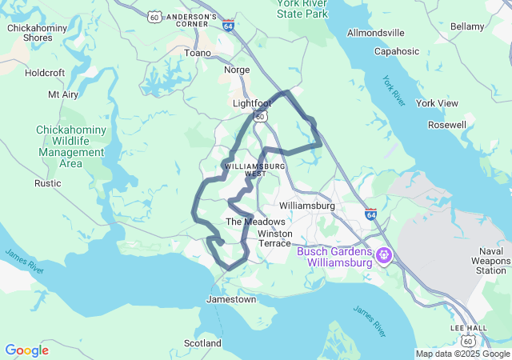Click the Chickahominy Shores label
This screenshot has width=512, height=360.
point(30,32)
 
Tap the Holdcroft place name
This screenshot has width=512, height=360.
point(45,72)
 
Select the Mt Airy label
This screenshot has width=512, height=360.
point(63,94)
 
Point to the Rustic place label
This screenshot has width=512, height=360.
point(47,183)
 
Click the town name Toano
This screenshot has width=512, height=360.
point(198,53)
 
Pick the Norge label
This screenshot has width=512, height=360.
point(237,70)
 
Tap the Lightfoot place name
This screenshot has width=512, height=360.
point(252,103)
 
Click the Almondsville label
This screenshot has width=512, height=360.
point(376,33)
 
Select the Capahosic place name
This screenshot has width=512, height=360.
point(397,51)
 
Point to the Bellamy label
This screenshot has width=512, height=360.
point(467,26)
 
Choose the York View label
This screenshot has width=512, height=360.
point(437,103)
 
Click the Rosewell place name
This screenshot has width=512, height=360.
point(447,125)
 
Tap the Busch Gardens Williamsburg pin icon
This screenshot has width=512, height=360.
point(384,256)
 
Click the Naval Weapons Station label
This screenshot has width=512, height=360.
point(480,261)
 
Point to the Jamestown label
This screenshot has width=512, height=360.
point(231,299)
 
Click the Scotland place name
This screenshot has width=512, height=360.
point(202,343)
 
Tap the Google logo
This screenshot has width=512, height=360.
point(26,350)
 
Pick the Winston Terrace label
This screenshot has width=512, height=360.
point(276,238)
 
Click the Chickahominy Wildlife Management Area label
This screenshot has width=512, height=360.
point(70,146)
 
